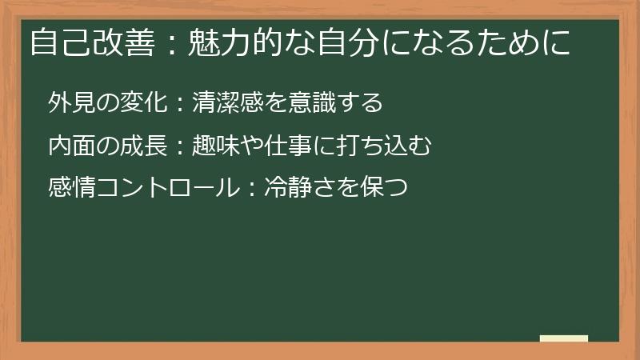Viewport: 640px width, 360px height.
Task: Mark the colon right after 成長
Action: [x=179, y=146]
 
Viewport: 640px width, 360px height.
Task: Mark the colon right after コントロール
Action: [x=250, y=190]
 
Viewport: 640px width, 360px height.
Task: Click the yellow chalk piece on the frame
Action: [x=564, y=338]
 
